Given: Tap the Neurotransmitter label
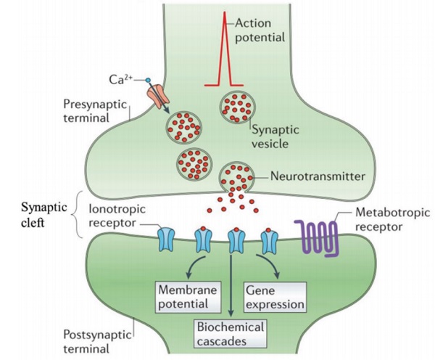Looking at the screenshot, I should click(x=315, y=175).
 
